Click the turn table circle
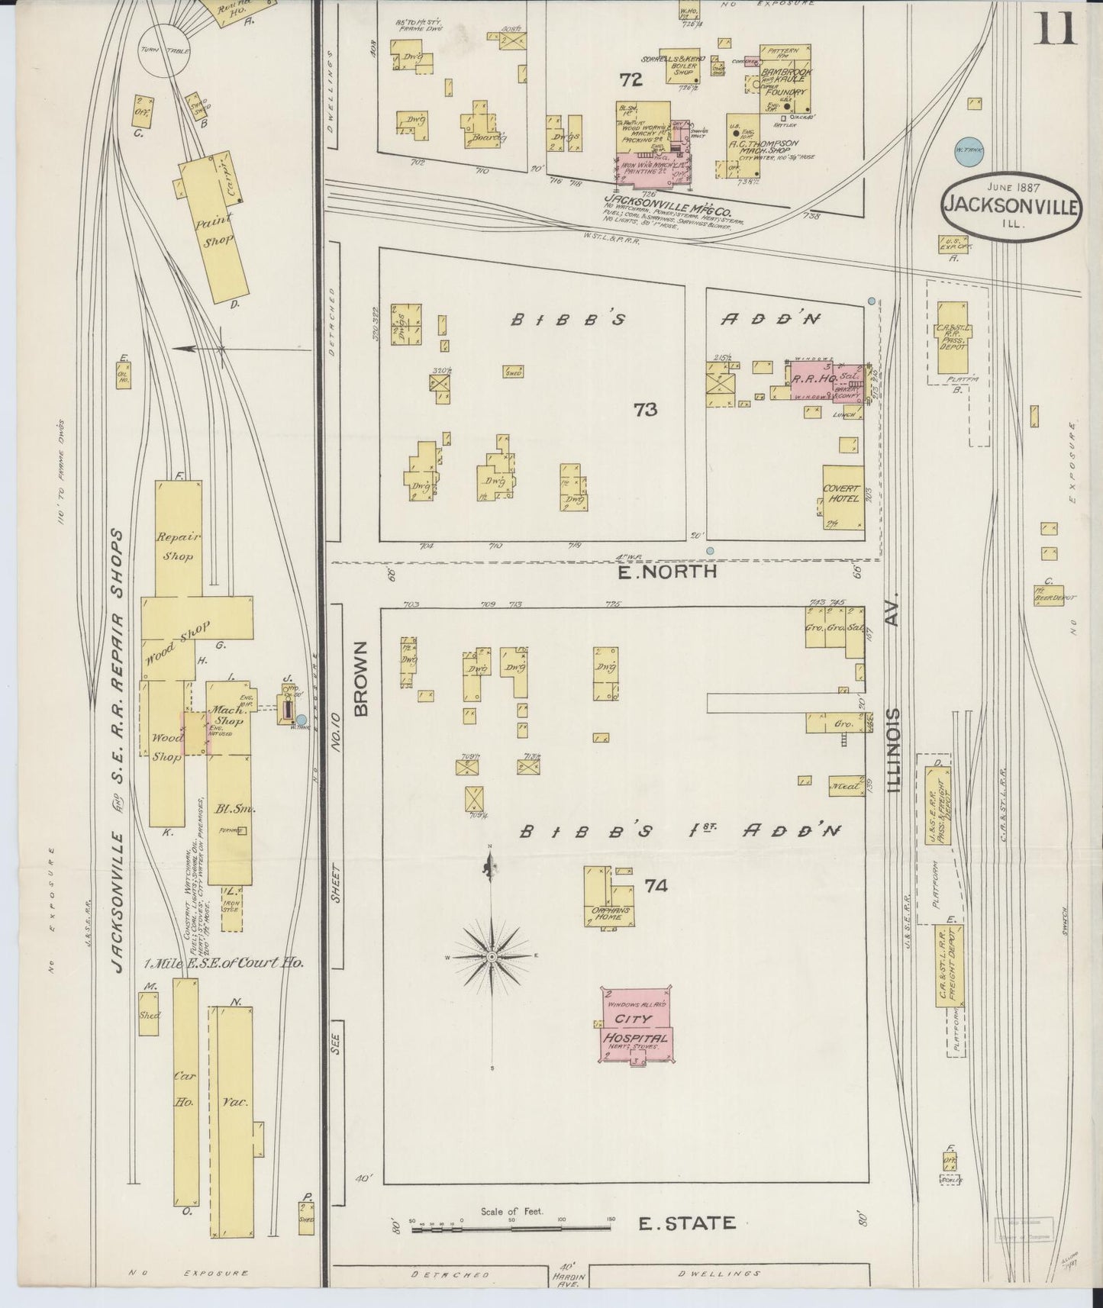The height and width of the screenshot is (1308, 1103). (x=164, y=50)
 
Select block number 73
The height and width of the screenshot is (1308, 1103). (x=645, y=410)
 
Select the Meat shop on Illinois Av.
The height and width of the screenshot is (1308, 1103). (x=844, y=783)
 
